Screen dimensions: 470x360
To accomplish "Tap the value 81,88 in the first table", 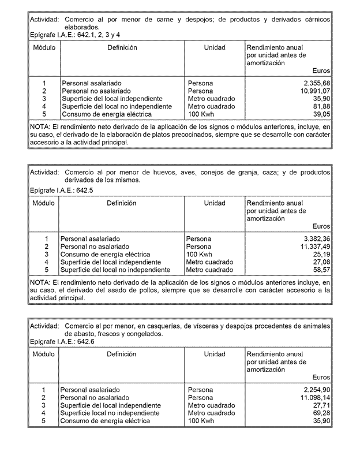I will (321, 107).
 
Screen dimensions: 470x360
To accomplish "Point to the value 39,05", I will (321, 114).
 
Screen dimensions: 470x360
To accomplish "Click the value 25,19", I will (321, 255).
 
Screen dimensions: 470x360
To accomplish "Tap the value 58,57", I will (321, 270).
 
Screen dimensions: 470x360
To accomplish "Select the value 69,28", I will (321, 413).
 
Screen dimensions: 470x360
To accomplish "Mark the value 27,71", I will (321, 406).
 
